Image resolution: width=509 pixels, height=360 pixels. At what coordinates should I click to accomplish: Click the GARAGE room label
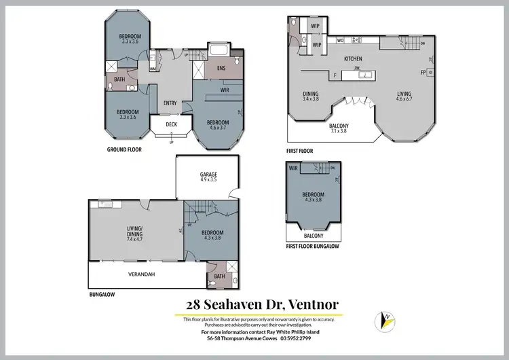click(x=208, y=177)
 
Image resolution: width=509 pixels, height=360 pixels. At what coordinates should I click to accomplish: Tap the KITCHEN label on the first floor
click(x=353, y=59)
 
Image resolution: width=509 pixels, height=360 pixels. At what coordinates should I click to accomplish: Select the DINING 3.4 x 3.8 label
click(x=310, y=96)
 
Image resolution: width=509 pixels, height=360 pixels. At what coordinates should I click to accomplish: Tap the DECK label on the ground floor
click(x=171, y=124)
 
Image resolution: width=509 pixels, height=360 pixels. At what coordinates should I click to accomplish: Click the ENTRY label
click(x=171, y=103)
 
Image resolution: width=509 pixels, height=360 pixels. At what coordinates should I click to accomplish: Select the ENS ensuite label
click(x=221, y=69)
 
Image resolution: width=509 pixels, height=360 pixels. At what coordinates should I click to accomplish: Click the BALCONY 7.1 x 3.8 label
click(x=338, y=128)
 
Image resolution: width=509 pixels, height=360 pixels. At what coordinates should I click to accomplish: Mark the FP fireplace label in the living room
click(x=423, y=72)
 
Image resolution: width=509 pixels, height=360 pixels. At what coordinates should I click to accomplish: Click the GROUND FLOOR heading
click(x=124, y=148)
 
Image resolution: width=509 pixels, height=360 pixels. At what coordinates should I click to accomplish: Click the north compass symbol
click(x=385, y=319)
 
